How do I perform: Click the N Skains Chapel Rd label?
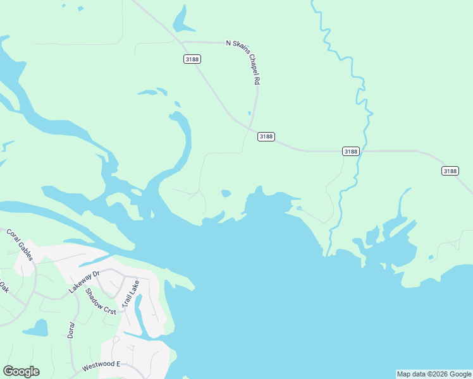(x=244, y=62)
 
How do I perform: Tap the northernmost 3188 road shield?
(x=192, y=59)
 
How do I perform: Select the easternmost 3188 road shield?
(x=450, y=171)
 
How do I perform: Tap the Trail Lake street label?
(x=130, y=294)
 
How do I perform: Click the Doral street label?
(x=71, y=329)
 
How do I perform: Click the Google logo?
(x=21, y=371)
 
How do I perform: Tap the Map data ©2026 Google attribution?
(x=434, y=374)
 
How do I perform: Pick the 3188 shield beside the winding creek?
(x=351, y=151)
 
